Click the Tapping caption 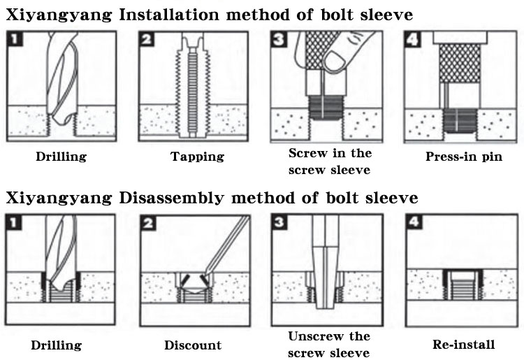[x=197, y=157]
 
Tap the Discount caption [x=193, y=345]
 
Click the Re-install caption [x=463, y=344]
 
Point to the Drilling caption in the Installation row [x=61, y=157]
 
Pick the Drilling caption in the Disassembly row [x=57, y=345]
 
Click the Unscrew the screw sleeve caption [x=330, y=344]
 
